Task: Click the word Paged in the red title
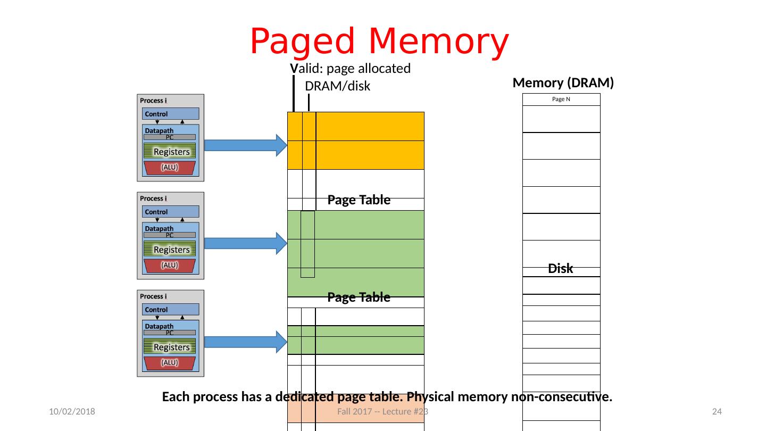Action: (x=304, y=42)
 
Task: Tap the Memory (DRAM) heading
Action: (x=563, y=82)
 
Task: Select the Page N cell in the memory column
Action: (x=561, y=100)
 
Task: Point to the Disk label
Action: (x=561, y=269)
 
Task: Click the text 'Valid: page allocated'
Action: (x=351, y=69)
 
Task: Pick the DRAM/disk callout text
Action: (x=337, y=86)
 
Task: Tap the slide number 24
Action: (x=717, y=412)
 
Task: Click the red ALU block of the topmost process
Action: (x=170, y=167)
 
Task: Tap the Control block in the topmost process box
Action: (x=170, y=114)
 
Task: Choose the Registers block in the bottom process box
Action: (x=170, y=347)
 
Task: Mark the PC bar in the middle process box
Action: (x=170, y=235)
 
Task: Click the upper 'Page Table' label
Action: (x=359, y=200)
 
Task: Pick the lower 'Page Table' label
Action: (x=359, y=297)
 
